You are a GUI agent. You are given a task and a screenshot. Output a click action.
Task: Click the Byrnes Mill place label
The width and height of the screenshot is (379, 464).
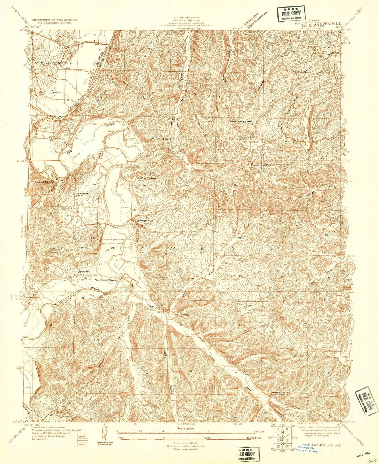[x=145, y=221]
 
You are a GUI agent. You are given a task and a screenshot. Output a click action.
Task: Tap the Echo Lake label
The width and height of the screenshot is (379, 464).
[x=148, y=178]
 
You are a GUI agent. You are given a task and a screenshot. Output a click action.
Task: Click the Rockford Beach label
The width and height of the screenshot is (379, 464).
[x=106, y=280]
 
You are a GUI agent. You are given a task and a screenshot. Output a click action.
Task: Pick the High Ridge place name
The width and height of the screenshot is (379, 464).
[x=259, y=166]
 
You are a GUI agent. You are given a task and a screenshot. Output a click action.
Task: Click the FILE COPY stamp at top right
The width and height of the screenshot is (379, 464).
[x=291, y=14]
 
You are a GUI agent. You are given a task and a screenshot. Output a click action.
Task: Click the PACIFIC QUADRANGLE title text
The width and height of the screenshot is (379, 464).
[x=318, y=23]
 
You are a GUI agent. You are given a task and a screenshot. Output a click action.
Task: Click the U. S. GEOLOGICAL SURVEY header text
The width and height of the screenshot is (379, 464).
[x=55, y=23]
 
